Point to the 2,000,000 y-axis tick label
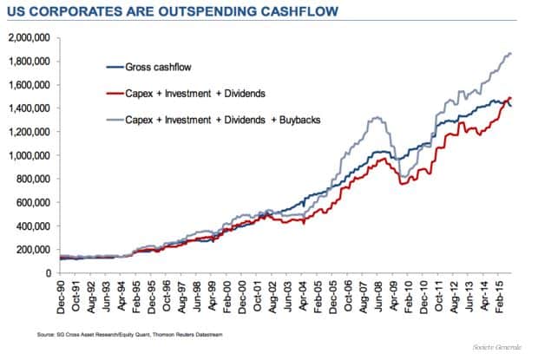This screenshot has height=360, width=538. [28, 38]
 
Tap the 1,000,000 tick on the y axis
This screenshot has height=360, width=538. [28, 155]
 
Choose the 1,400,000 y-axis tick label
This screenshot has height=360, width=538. [28, 108]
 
